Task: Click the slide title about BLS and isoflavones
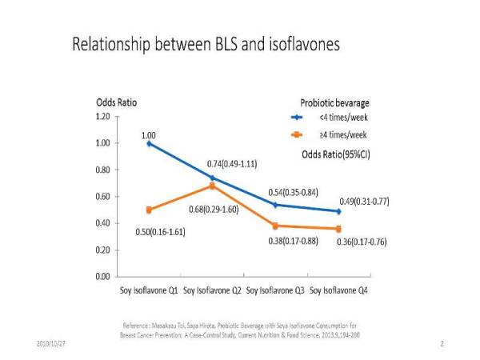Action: [x=206, y=44]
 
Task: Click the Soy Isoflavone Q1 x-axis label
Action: [x=149, y=290]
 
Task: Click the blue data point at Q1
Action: [x=149, y=143]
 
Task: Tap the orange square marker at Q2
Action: [x=212, y=186]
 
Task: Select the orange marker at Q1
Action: [x=149, y=210]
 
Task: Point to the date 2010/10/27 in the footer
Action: [x=51, y=342]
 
